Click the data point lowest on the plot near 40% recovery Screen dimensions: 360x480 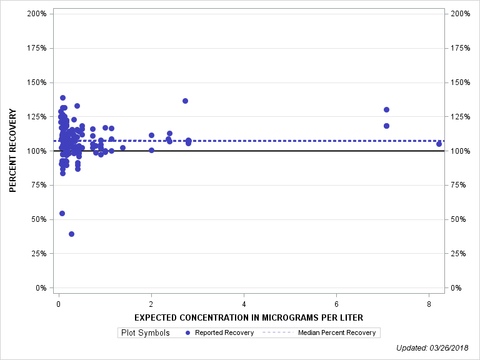(x=71, y=234)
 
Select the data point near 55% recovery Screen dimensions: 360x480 (x=62, y=213)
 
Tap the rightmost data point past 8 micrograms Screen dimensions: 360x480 (x=439, y=144)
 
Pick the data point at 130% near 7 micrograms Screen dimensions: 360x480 (x=386, y=109)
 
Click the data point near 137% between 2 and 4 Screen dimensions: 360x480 (x=185, y=101)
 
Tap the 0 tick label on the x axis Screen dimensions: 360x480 (x=59, y=304)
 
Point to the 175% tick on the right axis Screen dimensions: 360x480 (x=461, y=48)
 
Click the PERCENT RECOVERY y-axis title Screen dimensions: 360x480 (x=13, y=151)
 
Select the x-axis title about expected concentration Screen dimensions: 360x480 (x=249, y=317)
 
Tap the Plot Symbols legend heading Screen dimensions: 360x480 (x=145, y=332)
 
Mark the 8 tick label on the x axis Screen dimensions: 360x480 (x=429, y=304)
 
